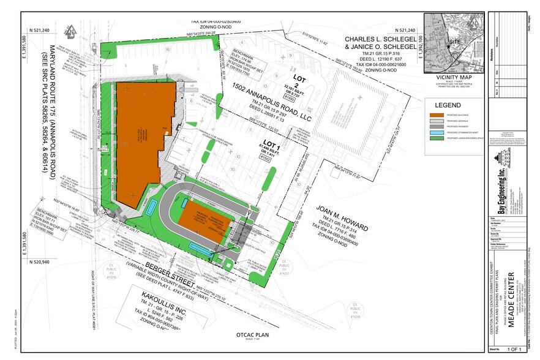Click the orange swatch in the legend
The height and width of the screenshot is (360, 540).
click(437, 115)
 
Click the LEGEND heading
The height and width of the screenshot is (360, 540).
click(449, 105)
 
